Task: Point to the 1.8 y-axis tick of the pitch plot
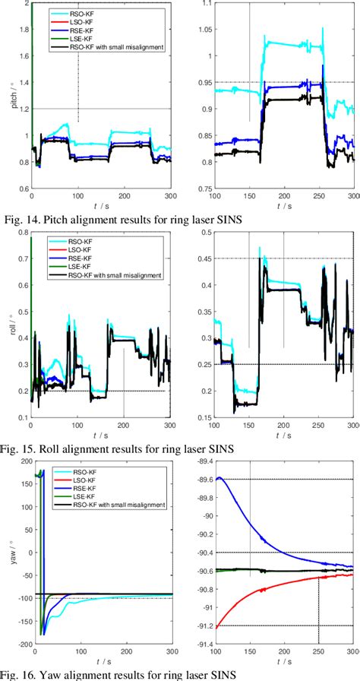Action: coord(22,30)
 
